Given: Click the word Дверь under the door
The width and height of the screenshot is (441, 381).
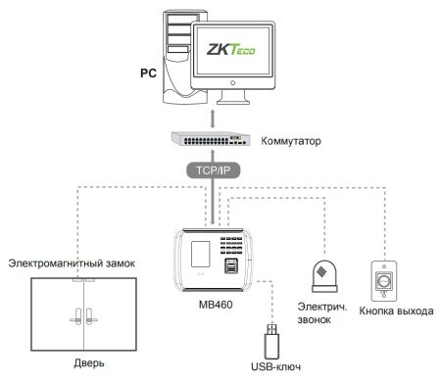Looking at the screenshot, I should point(81,364).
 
